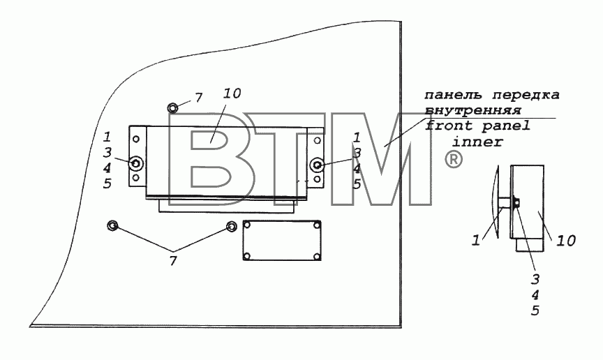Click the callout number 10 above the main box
click(x=232, y=93)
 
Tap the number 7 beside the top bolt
click(x=198, y=98)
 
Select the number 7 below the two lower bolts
click(x=173, y=261)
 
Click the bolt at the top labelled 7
click(x=172, y=108)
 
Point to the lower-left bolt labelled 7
click(x=112, y=225)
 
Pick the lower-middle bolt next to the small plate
click(x=231, y=226)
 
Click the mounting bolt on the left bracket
click(x=136, y=163)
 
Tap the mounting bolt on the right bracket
click(x=317, y=165)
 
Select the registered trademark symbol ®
click(x=454, y=159)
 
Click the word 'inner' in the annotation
click(x=477, y=142)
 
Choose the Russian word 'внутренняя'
click(x=473, y=111)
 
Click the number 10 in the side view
click(x=566, y=241)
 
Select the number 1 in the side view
click(x=476, y=241)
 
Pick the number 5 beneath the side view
click(x=535, y=310)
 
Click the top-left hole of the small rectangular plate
click(x=247, y=225)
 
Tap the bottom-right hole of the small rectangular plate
click(x=316, y=256)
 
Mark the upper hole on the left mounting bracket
click(x=135, y=139)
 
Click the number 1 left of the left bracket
click(x=107, y=137)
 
